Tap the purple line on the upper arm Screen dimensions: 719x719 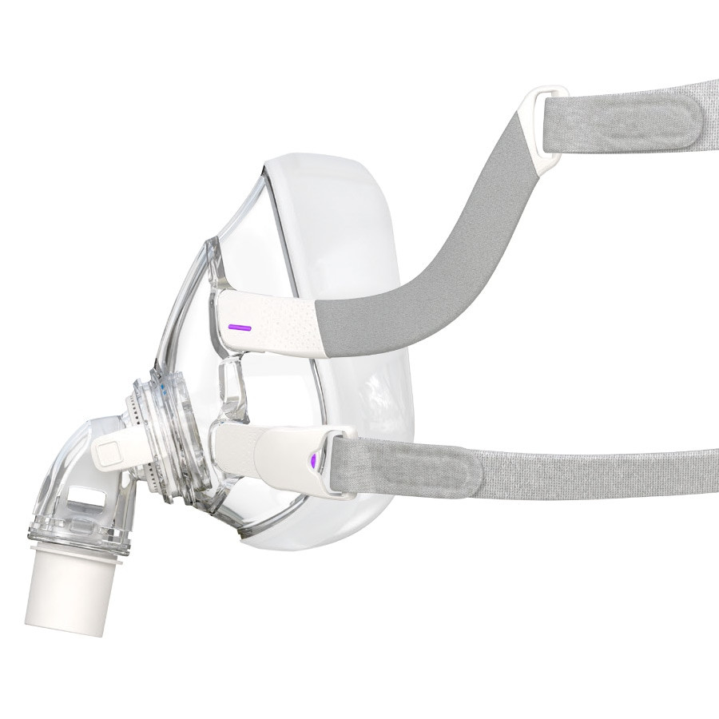click(x=239, y=327)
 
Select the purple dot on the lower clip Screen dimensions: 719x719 click(x=312, y=459)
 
